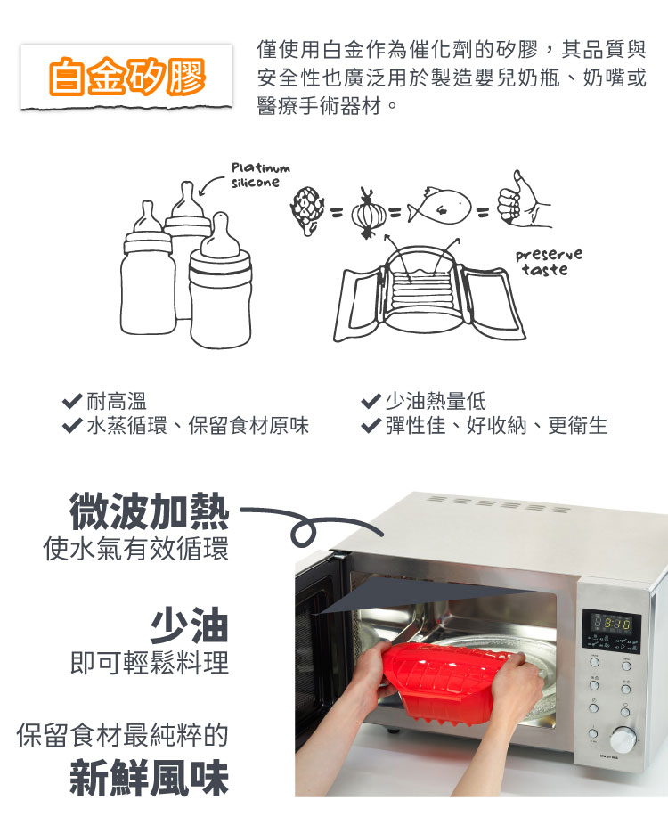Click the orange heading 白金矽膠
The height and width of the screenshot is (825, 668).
[x=126, y=77]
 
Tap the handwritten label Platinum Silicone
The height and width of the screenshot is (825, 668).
[x=260, y=176]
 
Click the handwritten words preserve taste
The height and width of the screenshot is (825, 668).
[x=548, y=262]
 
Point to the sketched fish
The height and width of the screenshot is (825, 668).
[x=439, y=205]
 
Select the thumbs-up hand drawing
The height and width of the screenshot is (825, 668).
[x=524, y=200]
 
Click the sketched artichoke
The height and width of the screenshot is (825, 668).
[x=306, y=209]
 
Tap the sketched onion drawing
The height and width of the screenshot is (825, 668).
[x=367, y=213]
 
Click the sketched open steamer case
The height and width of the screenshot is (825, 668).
[x=428, y=295]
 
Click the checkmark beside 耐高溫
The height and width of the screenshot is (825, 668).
[x=72, y=401]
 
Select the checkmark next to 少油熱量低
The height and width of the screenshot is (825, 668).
[x=371, y=401]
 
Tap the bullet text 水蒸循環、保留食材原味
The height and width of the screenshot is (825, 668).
[x=198, y=425]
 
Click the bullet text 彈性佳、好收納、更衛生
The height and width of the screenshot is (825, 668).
[x=496, y=425]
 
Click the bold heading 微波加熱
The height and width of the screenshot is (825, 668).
[x=150, y=511]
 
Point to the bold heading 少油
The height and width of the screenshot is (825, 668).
[x=190, y=625]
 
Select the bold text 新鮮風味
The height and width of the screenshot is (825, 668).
[x=150, y=777]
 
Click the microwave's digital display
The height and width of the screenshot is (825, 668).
[x=611, y=625]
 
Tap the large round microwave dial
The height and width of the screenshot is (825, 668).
[x=623, y=739]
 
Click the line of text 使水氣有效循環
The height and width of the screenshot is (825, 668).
[x=135, y=549]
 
